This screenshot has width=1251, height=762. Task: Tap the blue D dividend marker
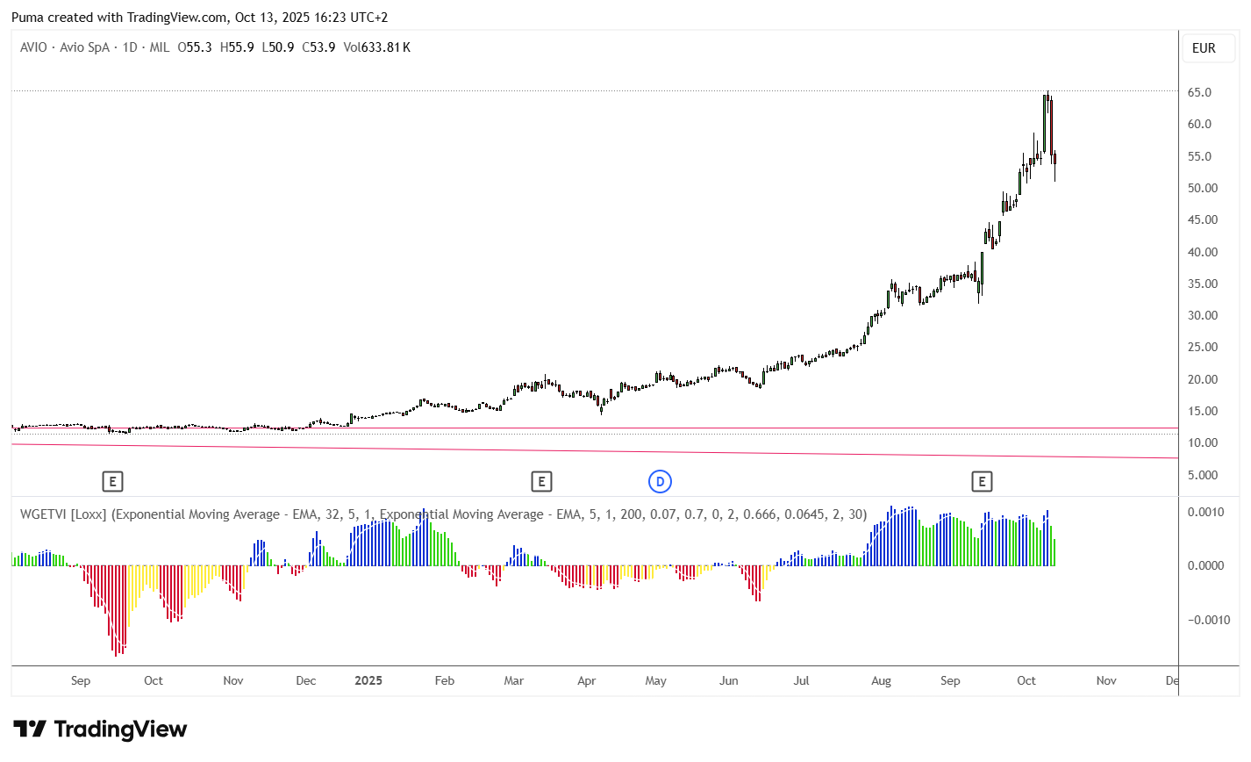pos(660,481)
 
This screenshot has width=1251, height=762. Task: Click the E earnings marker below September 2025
pos(982,481)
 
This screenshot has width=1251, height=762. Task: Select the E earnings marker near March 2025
pos(541,481)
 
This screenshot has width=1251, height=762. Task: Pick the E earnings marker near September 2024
pos(112,481)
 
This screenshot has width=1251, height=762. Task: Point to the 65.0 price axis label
pos(1199,92)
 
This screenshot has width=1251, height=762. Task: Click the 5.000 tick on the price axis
pos(1203,475)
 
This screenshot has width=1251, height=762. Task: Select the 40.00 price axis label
pos(1203,252)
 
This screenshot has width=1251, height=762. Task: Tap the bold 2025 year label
pos(368,680)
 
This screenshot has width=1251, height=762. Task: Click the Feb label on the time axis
pos(445,680)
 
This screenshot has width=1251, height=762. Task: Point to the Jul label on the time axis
pos(801,680)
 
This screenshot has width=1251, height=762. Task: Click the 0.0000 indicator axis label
pos(1205,565)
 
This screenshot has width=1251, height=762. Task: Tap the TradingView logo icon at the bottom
pos(30,729)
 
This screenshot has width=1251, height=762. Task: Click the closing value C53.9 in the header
pos(318,47)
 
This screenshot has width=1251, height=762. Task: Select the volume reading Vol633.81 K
pos(377,47)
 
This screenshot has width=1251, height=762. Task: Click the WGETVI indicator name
pos(44,514)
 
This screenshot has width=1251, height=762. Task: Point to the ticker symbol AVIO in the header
pos(33,47)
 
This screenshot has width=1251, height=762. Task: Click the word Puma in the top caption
pos(27,18)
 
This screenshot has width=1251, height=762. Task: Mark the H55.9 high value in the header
pos(237,47)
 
